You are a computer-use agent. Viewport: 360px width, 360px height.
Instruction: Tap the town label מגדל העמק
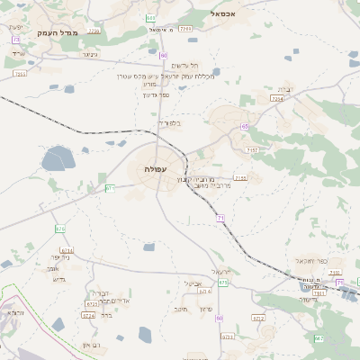pos(59,32)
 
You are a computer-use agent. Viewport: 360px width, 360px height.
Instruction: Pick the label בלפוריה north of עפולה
pos(168,122)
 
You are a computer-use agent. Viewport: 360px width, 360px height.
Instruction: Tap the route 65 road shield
pos(245,127)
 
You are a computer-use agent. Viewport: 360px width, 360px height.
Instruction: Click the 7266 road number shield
pos(185,30)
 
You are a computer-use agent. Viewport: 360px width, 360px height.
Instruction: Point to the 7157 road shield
pos(252,150)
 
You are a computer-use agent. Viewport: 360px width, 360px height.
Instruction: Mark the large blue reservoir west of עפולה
pos(57,157)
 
